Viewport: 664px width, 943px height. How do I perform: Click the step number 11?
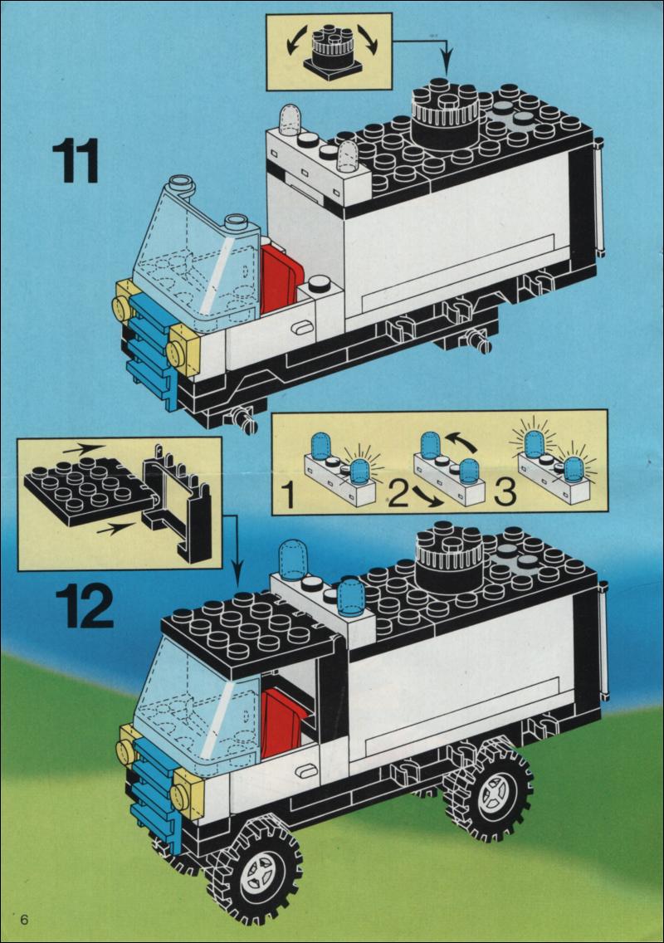(x=76, y=160)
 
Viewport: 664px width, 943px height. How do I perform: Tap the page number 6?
(x=25, y=920)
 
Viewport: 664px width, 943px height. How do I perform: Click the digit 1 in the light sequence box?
(x=289, y=496)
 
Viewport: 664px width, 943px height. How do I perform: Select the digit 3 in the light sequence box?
(x=505, y=492)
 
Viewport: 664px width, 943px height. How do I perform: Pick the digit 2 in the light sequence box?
(x=399, y=495)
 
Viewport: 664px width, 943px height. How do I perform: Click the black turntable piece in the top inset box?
(x=331, y=52)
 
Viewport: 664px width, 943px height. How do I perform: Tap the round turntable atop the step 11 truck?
(x=445, y=115)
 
